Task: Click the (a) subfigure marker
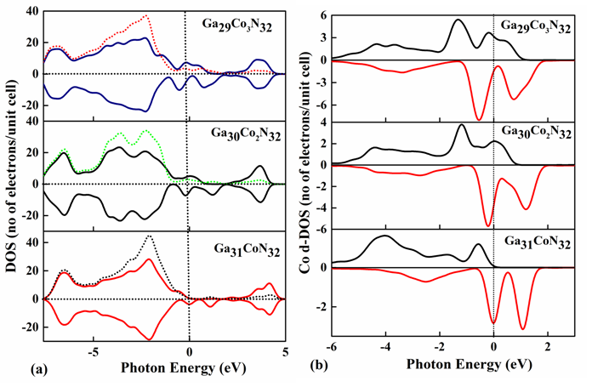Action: pyautogui.click(x=14, y=370)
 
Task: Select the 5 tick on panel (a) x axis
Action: pyautogui.click(x=284, y=352)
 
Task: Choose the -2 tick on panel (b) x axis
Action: pyautogui.click(x=439, y=352)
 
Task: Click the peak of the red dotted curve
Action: pyautogui.click(x=146, y=15)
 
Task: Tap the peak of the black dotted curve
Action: pyautogui.click(x=150, y=236)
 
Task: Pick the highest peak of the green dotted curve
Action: pyautogui.click(x=146, y=130)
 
